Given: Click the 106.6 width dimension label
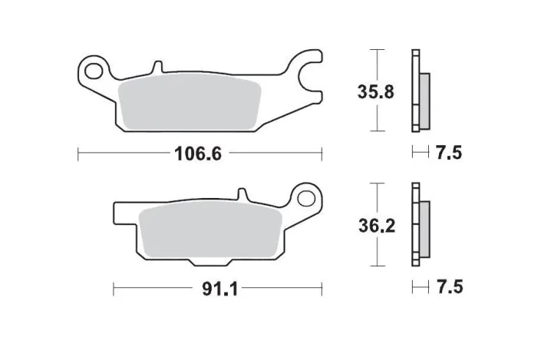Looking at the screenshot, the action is coord(198,154).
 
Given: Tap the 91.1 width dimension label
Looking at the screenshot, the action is coord(219,289).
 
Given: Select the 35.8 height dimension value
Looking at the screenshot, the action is coord(375,92).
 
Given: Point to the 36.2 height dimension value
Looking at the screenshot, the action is coord(377,226).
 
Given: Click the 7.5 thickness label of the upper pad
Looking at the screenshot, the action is coord(449,153).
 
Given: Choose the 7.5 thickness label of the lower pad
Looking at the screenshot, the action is coord(450,287).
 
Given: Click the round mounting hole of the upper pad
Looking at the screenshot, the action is coord(94,71).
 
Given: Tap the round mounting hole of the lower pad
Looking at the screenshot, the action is coord(306,199).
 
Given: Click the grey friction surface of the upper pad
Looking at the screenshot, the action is coord(190,103).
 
